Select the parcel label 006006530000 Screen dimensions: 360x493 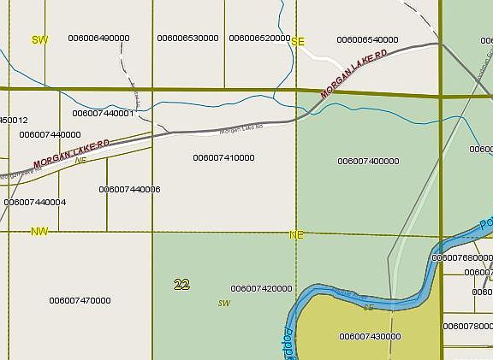coord(188,38)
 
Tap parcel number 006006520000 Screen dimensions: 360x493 coord(260,38)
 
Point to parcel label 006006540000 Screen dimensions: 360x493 coord(367,39)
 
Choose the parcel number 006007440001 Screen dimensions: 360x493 coord(103,113)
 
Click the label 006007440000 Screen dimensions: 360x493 coord(50,134)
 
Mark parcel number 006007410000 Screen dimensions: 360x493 coord(223,157)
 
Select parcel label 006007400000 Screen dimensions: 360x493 coord(368,161)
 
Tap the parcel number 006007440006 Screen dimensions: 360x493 coord(129,189)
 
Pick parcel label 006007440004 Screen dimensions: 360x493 coord(35,203)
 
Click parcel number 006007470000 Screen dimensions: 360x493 coord(80,300)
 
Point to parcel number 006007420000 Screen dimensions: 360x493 coord(261,289)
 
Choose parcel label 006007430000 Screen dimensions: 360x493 coord(370,337)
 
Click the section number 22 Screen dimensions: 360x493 coord(181,285)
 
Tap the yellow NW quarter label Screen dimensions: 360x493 coord(39,232)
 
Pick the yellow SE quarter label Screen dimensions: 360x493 coord(298,41)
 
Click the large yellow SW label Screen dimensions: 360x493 coord(39,40)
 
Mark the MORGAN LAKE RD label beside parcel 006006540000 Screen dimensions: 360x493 coord(354,72)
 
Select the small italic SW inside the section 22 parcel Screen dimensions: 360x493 coord(224,303)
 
